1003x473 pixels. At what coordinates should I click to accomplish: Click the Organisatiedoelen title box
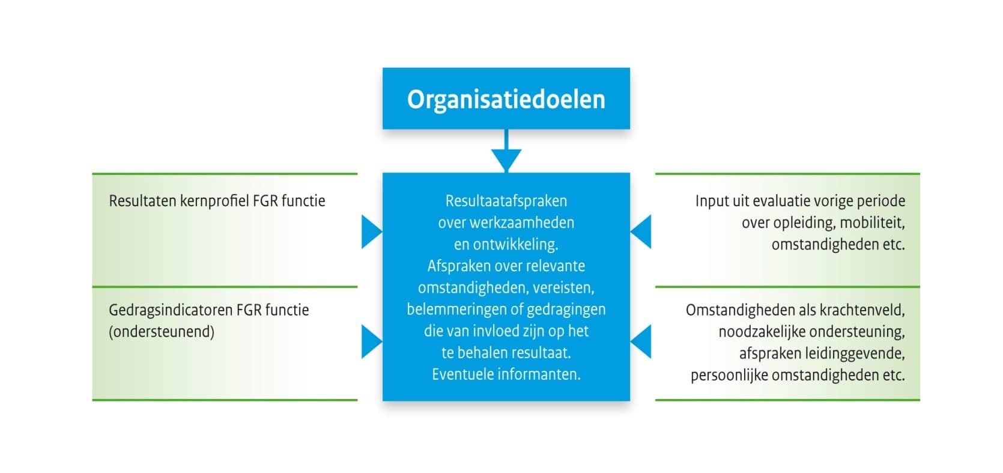point(506,99)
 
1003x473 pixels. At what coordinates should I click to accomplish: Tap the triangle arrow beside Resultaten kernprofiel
point(371,232)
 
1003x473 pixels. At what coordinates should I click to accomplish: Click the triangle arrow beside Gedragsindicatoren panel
point(371,341)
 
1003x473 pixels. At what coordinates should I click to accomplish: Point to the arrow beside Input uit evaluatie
point(641,232)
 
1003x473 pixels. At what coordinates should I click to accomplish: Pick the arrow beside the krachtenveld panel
point(641,341)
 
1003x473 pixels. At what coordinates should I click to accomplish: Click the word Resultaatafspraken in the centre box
point(506,201)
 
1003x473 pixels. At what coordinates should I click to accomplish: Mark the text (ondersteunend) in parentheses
point(162,332)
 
